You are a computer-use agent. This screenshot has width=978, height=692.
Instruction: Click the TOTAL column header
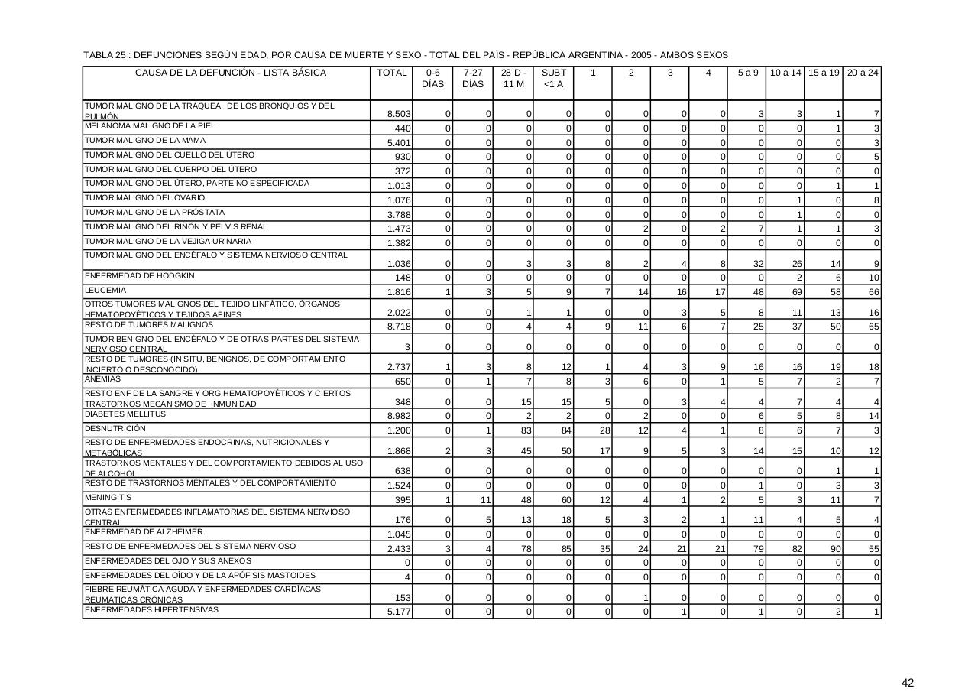point(391,73)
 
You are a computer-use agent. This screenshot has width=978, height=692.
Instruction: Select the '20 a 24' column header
point(863,73)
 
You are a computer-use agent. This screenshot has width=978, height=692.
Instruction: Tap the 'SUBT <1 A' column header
point(553,78)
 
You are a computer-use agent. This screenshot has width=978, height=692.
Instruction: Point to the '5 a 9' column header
point(748,73)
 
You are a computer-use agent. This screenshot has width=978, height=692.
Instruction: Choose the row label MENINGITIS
point(108,498)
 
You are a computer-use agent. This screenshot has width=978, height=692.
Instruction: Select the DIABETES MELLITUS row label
point(125,414)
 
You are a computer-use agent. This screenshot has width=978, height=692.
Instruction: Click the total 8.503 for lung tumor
point(400,114)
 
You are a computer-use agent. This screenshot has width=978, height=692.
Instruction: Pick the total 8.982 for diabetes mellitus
point(400,416)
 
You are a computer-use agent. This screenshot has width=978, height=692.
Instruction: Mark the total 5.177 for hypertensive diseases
point(400,612)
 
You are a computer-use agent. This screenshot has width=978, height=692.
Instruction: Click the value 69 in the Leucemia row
point(796,293)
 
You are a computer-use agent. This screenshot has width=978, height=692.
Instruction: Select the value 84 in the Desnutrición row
point(565,430)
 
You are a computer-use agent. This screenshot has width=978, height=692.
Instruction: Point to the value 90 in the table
point(835,549)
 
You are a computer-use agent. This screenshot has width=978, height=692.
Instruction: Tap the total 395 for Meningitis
point(403,500)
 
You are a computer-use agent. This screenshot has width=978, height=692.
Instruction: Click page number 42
point(908,683)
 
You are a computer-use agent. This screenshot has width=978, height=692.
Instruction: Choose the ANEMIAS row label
point(102,378)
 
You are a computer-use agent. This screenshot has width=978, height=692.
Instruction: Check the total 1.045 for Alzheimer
point(400,534)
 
